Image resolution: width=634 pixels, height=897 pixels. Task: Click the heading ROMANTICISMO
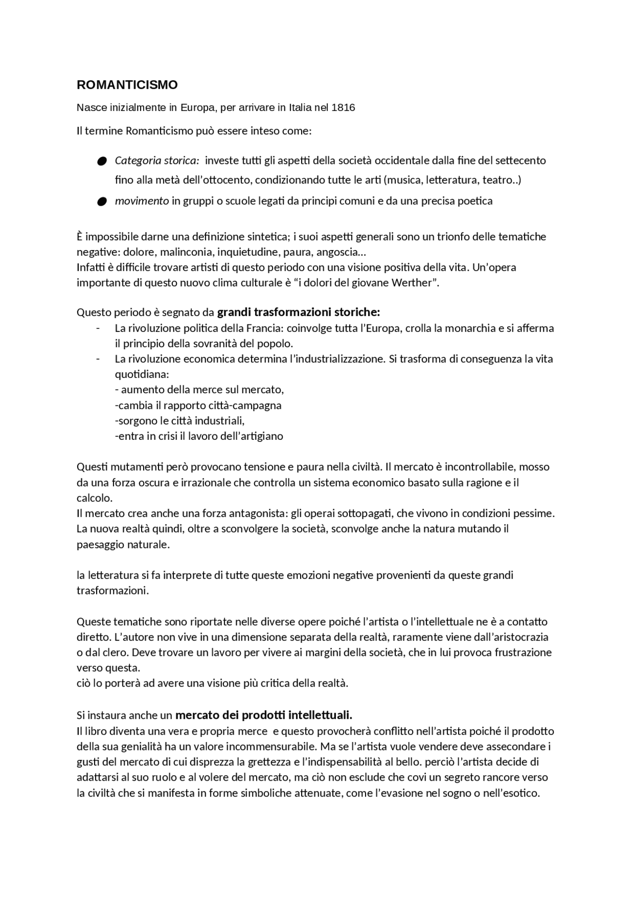[127, 85]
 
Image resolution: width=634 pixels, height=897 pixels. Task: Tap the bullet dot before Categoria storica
[102, 161]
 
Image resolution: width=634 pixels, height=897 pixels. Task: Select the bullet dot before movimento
[102, 202]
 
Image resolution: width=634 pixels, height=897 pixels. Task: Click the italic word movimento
[142, 201]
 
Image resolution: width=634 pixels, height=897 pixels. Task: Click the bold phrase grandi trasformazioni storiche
[299, 312]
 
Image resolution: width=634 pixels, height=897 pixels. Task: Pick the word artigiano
[262, 436]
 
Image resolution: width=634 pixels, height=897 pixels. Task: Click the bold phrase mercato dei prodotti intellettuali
[264, 715]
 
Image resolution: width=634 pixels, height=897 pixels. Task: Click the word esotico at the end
[523, 793]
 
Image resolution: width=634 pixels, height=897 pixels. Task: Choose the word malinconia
[185, 252]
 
